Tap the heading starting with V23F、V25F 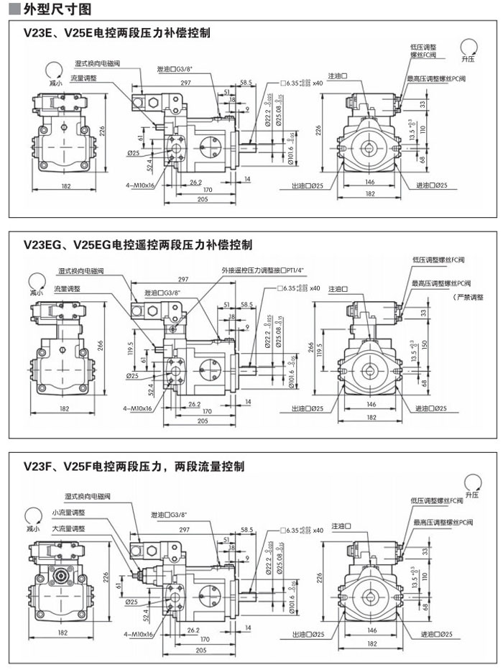pos(134,467)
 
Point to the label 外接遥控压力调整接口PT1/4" pos(263,270)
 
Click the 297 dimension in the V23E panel pos(185,84)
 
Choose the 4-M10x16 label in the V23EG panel pos(137,408)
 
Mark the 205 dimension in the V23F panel pos(200,649)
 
